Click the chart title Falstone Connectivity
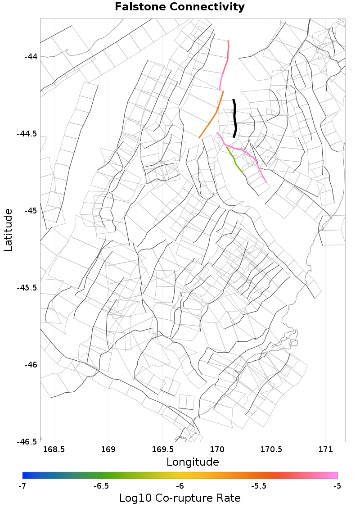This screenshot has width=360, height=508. tap(180, 7)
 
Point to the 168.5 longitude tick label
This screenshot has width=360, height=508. tap(54, 449)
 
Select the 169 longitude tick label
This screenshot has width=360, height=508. tap(108, 449)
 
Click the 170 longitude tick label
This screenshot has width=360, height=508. tap(217, 449)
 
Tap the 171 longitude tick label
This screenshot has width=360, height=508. tap(326, 449)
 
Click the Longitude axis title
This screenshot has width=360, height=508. tap(193, 462)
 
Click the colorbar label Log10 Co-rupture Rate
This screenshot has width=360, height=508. tap(180, 498)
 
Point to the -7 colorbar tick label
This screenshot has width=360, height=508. tap(22, 486)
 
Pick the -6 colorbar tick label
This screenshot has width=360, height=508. tap(180, 486)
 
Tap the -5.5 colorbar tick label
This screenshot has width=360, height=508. tap(259, 486)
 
